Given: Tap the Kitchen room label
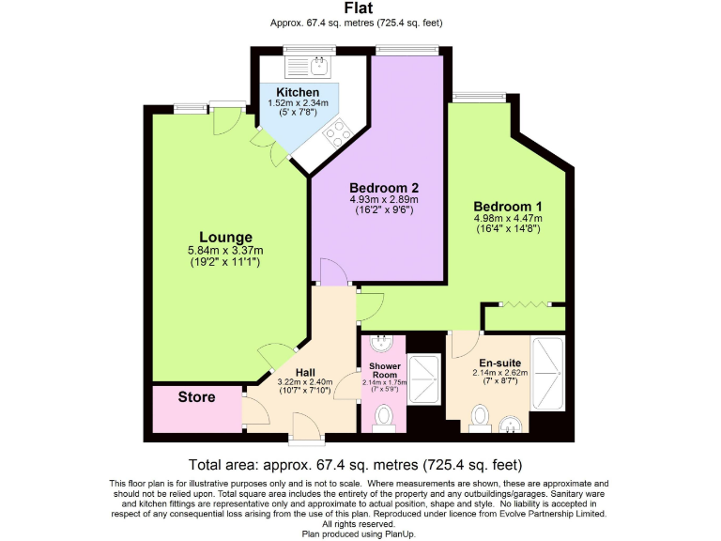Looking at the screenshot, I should tap(298, 92).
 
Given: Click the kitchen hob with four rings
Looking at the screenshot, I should tap(335, 137).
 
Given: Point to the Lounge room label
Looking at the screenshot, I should tap(225, 237).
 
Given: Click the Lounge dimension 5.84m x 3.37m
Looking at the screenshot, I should tap(225, 251).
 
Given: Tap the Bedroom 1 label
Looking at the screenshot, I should tap(507, 206).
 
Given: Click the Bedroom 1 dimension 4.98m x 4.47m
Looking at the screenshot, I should tap(507, 220).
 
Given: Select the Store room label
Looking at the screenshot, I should tap(196, 397).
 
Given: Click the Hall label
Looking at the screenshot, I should tap(305, 372).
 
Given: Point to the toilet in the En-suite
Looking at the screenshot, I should tap(481, 414).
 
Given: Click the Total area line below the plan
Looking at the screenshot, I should tap(356, 465).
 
